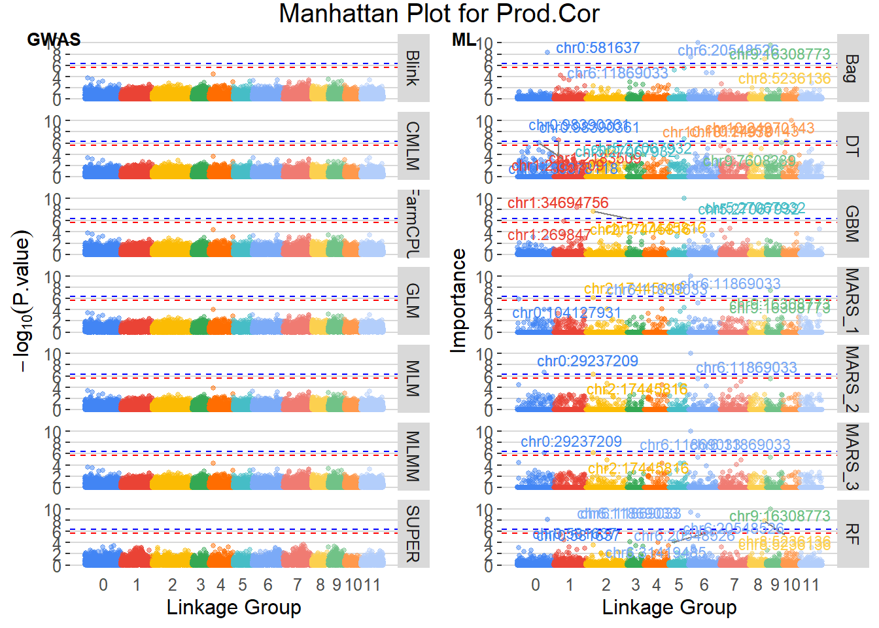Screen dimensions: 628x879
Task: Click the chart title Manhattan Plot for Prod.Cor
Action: (x=439, y=14)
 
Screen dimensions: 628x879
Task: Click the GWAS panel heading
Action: (x=54, y=39)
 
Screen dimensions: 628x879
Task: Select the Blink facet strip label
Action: (x=413, y=68)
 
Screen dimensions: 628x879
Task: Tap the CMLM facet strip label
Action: (x=413, y=146)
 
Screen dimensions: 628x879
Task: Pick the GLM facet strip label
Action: (x=413, y=301)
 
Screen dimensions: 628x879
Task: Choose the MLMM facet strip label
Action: (x=413, y=456)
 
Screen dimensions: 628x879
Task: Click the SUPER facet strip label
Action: (x=413, y=534)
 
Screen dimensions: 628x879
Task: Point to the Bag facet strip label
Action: (x=852, y=68)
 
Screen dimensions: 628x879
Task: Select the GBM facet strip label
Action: (x=852, y=224)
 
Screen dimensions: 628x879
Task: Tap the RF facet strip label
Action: (x=852, y=534)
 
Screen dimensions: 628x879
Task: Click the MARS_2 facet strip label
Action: (x=852, y=379)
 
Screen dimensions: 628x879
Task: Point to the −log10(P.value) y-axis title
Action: (x=22, y=301)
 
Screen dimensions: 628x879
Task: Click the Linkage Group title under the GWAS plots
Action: (x=233, y=607)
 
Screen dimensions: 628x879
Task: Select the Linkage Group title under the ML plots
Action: (x=669, y=607)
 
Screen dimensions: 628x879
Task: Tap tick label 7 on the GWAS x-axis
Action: (x=298, y=585)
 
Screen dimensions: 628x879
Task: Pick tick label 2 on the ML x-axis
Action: (x=606, y=585)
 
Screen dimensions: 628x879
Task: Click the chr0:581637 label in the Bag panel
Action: (x=598, y=48)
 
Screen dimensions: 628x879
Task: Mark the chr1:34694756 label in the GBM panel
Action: (x=558, y=203)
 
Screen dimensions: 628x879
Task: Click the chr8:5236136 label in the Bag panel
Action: (x=784, y=78)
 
